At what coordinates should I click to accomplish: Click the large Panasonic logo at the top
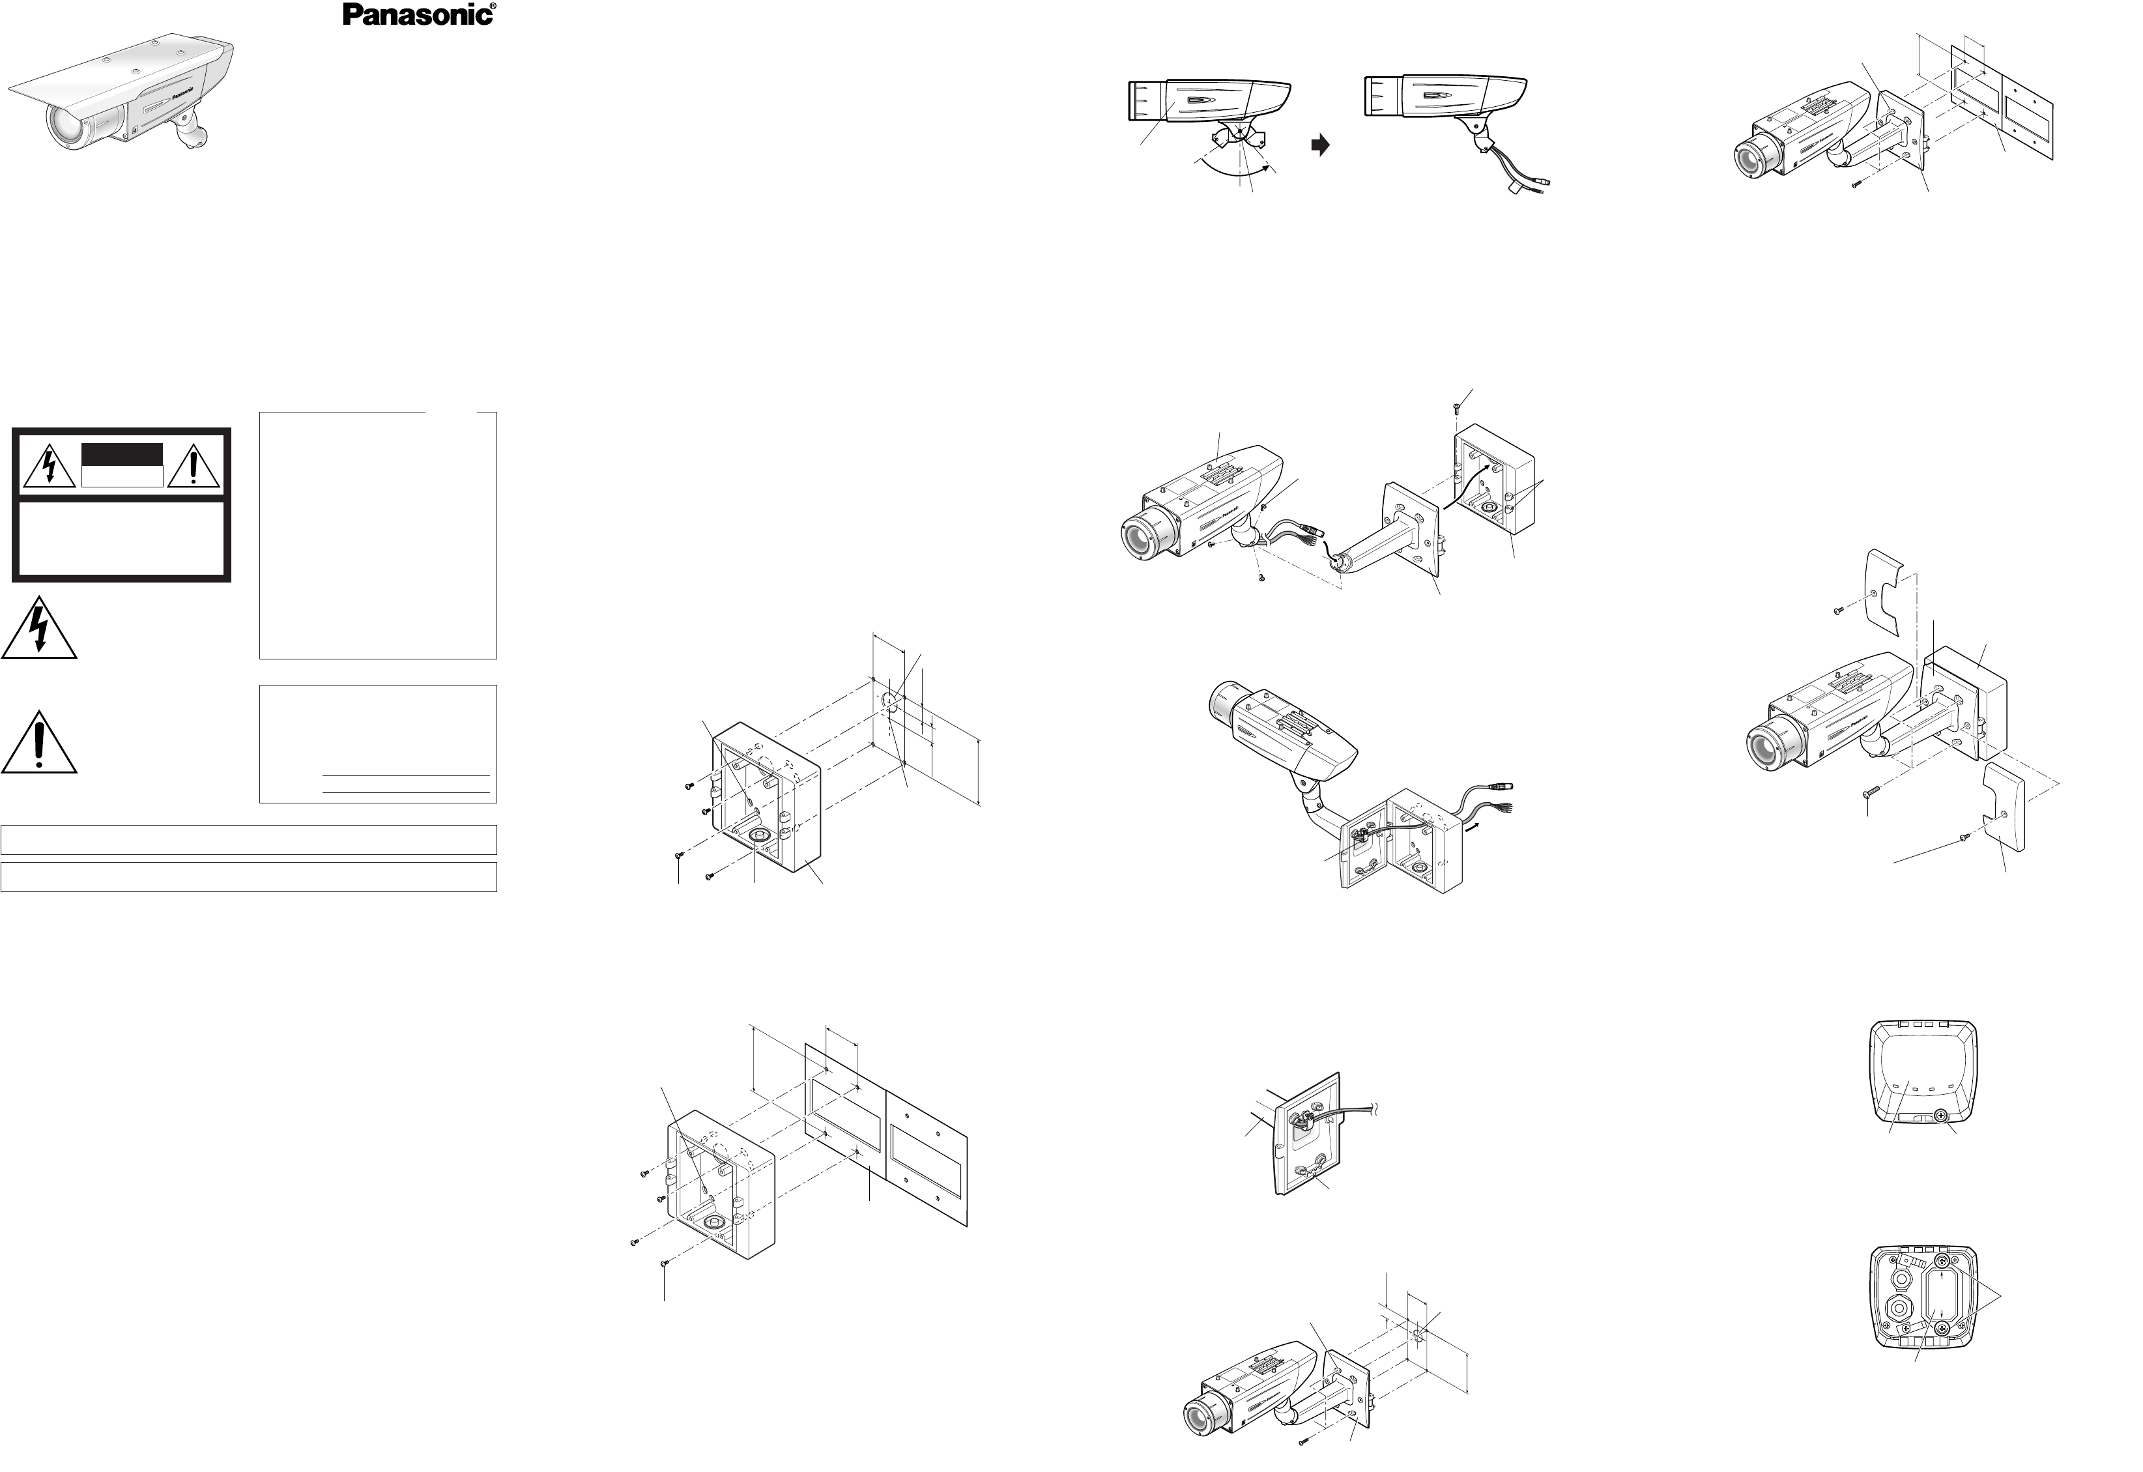click(417, 15)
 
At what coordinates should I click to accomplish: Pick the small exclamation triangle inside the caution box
click(193, 466)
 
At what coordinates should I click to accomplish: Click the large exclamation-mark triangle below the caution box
click(38, 743)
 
